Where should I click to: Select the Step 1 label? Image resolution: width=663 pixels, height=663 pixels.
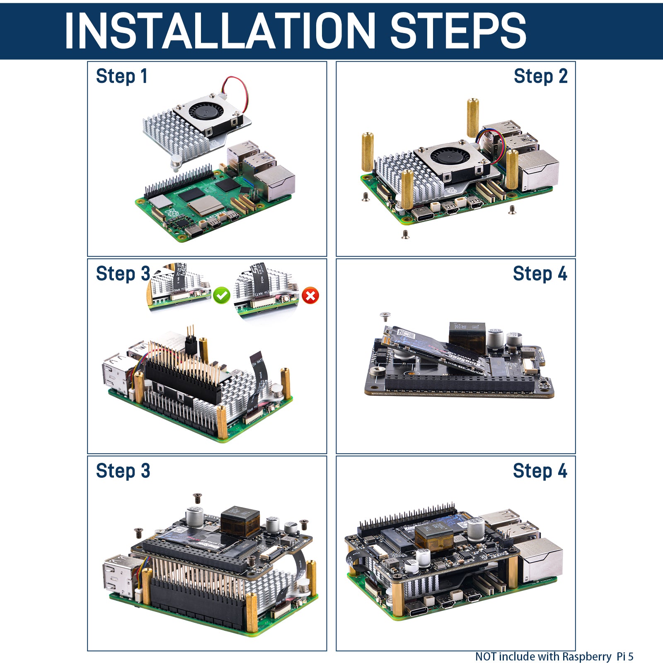pos(121,76)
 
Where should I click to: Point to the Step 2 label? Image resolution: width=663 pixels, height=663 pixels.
pos(540,76)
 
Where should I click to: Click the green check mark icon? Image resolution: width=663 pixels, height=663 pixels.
pos(222,295)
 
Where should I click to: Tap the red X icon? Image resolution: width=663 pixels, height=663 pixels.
pos(310,295)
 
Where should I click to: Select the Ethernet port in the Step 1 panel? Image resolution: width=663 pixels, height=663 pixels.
pos(274,182)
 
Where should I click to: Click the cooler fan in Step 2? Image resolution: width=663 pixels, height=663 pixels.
pos(448,157)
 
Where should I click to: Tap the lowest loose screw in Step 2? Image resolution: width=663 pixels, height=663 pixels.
pos(405,235)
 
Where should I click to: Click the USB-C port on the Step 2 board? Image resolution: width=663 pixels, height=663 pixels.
pos(423,215)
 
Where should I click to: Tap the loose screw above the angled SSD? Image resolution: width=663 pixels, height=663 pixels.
pos(385,317)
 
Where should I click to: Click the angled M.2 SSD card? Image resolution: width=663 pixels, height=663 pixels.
pos(435,348)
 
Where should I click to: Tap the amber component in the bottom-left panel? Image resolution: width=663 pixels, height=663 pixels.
pos(240,523)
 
